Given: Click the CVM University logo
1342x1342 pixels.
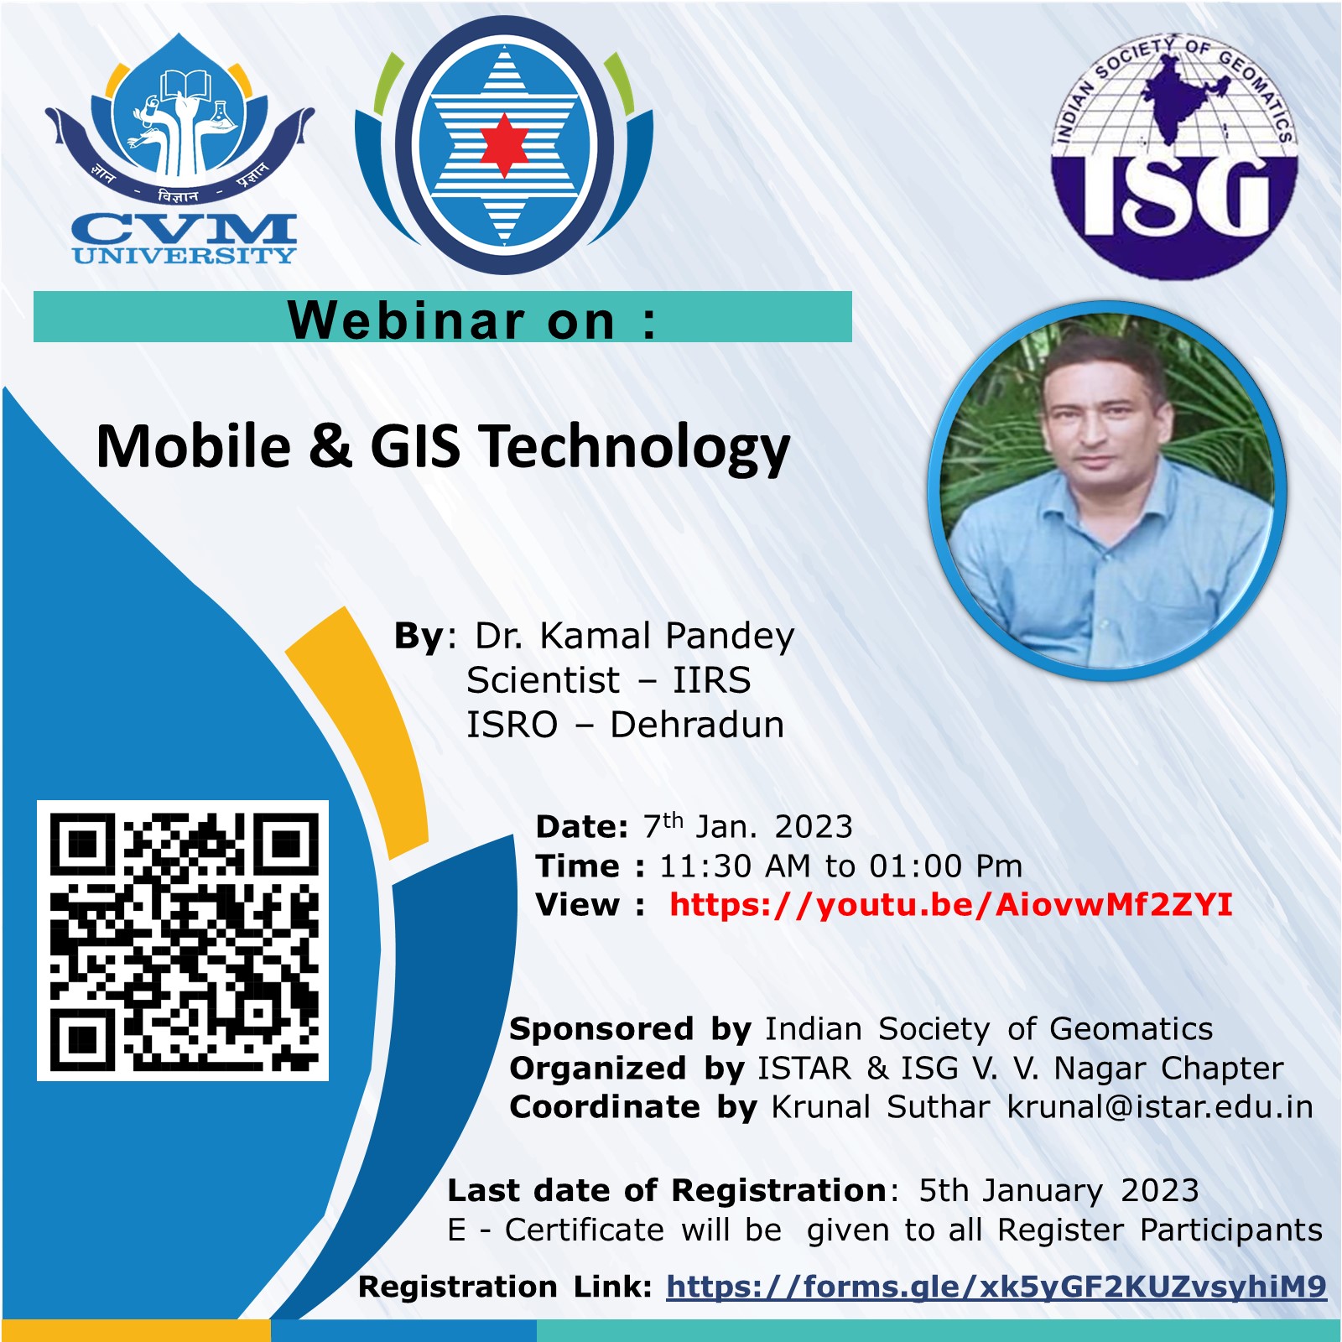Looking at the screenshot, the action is click(x=179, y=149).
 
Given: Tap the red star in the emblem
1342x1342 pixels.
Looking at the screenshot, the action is click(x=503, y=145).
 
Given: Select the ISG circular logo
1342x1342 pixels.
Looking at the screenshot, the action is click(x=1174, y=156).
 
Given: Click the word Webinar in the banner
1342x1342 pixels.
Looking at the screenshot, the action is click(x=406, y=320).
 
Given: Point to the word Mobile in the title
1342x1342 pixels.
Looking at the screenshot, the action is click(x=194, y=446).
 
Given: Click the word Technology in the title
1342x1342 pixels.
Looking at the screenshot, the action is click(x=635, y=449).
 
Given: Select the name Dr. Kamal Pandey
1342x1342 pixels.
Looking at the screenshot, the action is click(x=634, y=637).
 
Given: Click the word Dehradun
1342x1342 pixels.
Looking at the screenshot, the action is click(x=697, y=725).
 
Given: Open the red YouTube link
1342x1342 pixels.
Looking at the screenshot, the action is click(x=951, y=905).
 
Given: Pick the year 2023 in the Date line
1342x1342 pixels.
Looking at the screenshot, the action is click(x=814, y=827).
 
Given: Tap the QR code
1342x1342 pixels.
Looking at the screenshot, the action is click(x=183, y=940).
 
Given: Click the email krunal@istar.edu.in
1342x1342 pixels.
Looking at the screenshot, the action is click(x=1160, y=1107).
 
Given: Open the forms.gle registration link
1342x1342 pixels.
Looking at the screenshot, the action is click(x=996, y=1287).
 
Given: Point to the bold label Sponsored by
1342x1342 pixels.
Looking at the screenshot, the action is click(x=630, y=1029).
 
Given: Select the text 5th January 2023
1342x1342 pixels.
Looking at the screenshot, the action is click(x=1059, y=1191).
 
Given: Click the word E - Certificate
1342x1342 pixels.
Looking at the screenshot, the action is click(x=556, y=1230).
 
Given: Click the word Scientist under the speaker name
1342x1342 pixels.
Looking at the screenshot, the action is click(x=544, y=680).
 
